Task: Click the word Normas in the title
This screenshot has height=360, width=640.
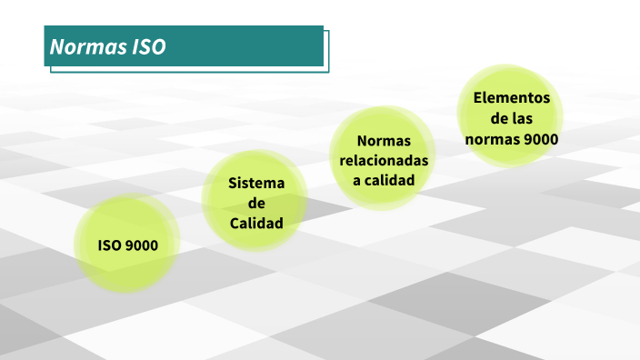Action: tap(83, 47)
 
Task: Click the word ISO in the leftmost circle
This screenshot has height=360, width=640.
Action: tap(109, 245)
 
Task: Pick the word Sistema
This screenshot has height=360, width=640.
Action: tap(256, 183)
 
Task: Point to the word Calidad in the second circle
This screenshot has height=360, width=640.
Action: tap(256, 223)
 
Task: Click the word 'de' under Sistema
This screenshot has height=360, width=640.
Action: tap(256, 203)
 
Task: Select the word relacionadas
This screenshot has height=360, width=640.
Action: tap(384, 160)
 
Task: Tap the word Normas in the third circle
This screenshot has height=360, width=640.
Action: tap(384, 141)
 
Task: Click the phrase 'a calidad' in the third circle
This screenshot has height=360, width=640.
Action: tap(384, 180)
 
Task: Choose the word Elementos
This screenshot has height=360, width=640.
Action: tap(512, 98)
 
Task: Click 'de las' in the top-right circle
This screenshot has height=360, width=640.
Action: tap(512, 118)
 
